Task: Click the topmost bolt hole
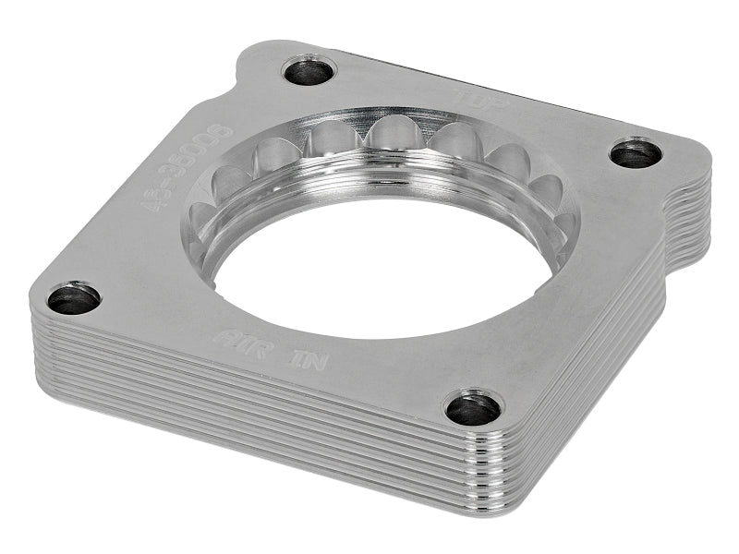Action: click(x=309, y=71)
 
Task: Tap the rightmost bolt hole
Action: click(x=636, y=152)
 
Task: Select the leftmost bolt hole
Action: click(x=74, y=298)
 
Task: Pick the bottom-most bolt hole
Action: click(x=473, y=407)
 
